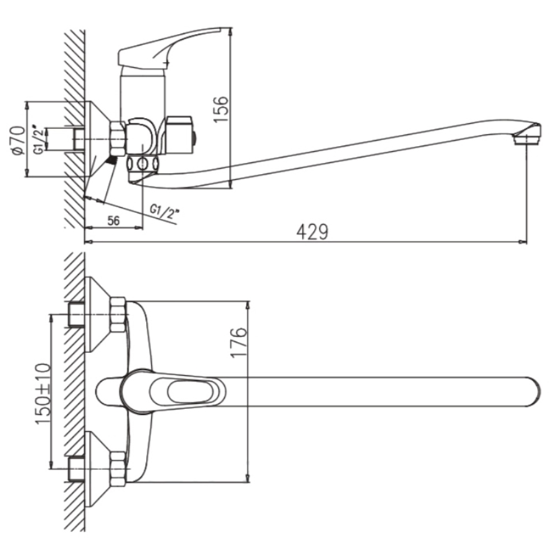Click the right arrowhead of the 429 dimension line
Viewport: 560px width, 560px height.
tap(524, 242)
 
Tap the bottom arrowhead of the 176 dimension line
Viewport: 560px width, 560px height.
tap(248, 478)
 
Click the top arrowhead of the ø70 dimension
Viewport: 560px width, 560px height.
tap(27, 106)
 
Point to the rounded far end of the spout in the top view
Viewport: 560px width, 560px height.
tap(534, 391)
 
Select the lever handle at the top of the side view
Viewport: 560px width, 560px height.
tap(170, 46)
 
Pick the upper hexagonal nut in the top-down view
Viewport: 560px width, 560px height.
tap(118, 314)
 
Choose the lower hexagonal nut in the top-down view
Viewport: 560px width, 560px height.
tap(118, 469)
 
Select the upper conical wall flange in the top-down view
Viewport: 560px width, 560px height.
tap(99, 314)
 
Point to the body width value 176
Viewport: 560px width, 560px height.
tap(238, 342)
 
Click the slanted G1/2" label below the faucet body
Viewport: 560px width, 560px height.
tap(164, 212)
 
